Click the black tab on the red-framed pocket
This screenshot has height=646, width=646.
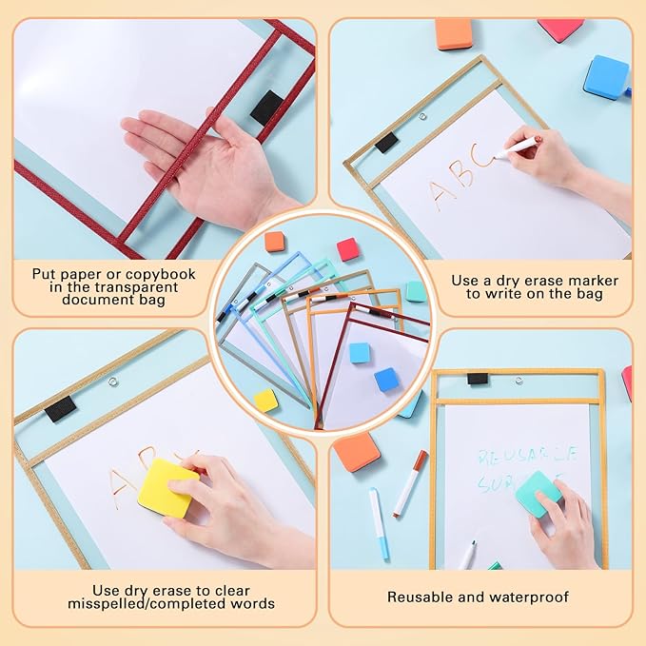tap(266, 107)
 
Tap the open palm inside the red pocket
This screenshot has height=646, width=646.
tap(190, 152)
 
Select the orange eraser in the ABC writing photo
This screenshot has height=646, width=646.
tap(455, 32)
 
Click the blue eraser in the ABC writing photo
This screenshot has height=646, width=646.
tap(606, 76)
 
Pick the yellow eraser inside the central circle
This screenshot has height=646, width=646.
tap(266, 401)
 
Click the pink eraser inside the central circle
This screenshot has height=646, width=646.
tap(348, 249)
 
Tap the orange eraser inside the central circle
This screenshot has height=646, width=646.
tap(275, 242)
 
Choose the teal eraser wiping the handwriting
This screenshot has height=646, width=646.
tap(538, 494)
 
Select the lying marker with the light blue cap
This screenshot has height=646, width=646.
tap(378, 522)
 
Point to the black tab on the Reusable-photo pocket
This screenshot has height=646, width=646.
tap(478, 379)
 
